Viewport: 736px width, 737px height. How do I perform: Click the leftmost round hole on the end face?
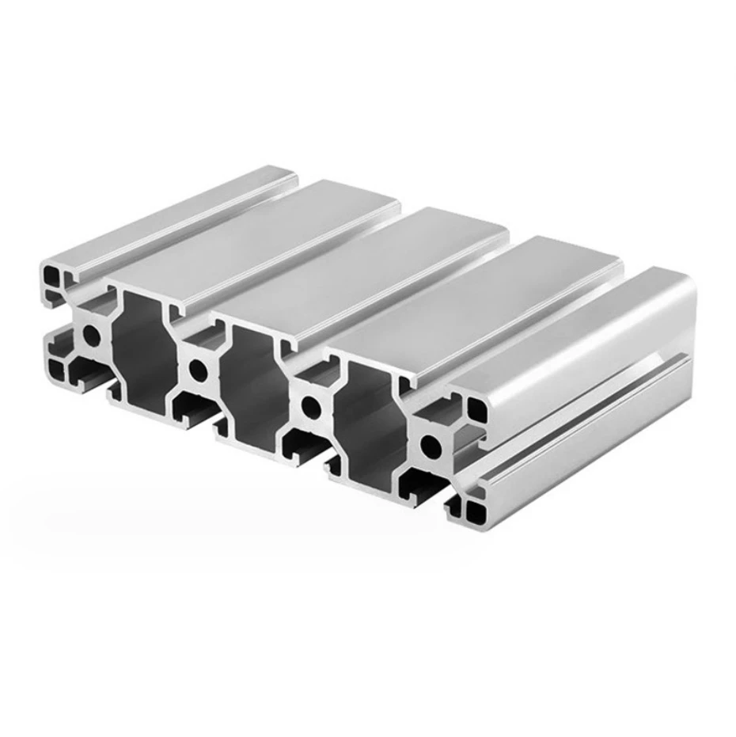point(92,336)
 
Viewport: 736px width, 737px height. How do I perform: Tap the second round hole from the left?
point(198,369)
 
